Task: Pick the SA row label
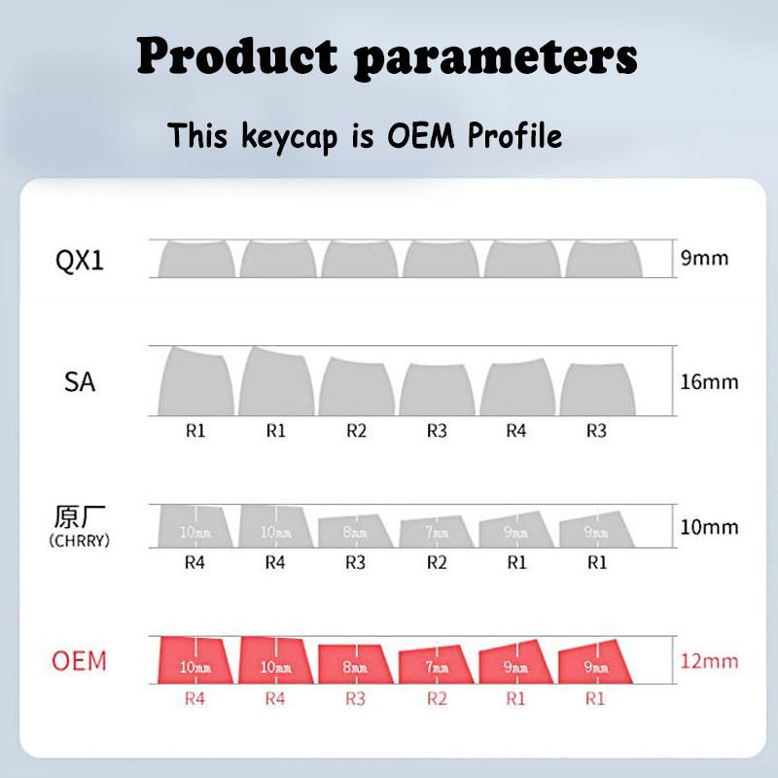click(80, 382)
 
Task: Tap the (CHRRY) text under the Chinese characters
click(79, 541)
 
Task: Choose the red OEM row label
click(79, 661)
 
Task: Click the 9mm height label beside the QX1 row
click(703, 260)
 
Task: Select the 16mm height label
click(709, 382)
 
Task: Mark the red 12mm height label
click(709, 661)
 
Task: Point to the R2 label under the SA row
click(356, 431)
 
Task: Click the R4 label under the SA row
click(515, 431)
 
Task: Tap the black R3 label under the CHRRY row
click(356, 562)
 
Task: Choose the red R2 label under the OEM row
click(437, 697)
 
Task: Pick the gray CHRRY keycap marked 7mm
click(437, 531)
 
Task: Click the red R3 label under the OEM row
click(356, 697)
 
